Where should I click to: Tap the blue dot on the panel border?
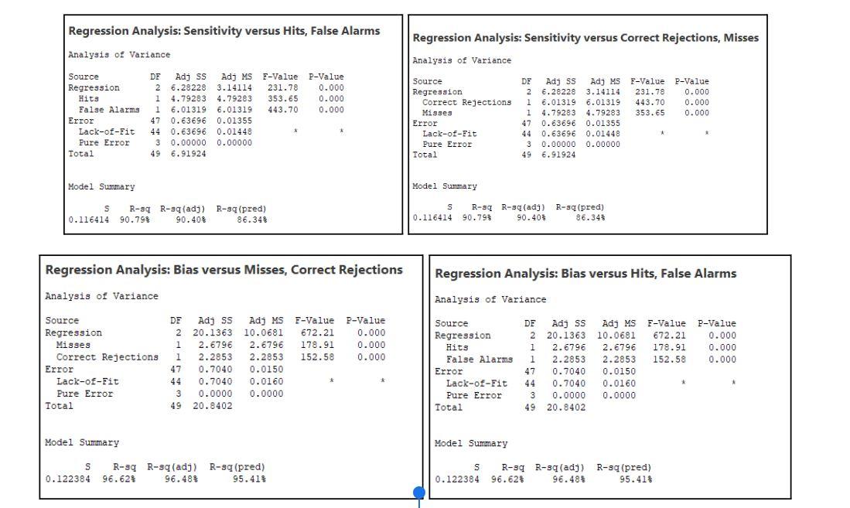pos(419,492)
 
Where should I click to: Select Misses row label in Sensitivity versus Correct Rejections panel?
pos(437,113)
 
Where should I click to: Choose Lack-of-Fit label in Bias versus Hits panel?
pos(476,383)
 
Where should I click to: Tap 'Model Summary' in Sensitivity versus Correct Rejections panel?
pos(445,186)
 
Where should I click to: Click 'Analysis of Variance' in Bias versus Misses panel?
pos(101,296)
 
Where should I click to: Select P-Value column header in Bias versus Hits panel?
pos(716,323)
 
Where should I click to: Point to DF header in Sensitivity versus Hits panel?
pos(155,77)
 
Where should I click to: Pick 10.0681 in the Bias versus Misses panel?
pos(265,332)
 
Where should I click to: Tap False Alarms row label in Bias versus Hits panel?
pos(480,360)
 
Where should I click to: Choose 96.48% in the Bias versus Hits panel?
pos(568,479)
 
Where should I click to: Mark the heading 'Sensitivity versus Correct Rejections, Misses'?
pos(585,38)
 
